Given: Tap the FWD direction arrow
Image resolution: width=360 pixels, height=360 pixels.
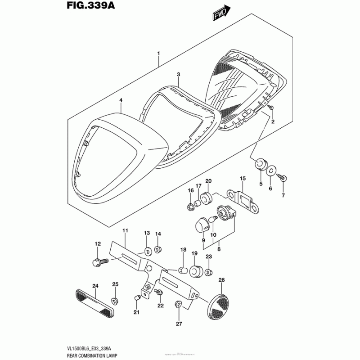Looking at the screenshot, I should (x=222, y=13).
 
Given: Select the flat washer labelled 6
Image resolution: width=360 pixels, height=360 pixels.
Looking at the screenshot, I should (x=272, y=171).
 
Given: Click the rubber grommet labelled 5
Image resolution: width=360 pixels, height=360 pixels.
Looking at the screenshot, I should (x=260, y=165).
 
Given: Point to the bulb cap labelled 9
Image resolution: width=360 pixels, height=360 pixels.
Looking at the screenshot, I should (x=202, y=225).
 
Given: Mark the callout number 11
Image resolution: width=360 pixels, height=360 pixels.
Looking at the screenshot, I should (x=125, y=230).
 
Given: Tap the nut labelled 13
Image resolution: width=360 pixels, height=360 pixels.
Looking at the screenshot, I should (x=147, y=250).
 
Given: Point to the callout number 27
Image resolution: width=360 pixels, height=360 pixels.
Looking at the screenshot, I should (x=178, y=324).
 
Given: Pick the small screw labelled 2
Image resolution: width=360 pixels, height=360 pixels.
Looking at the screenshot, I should (x=271, y=108).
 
